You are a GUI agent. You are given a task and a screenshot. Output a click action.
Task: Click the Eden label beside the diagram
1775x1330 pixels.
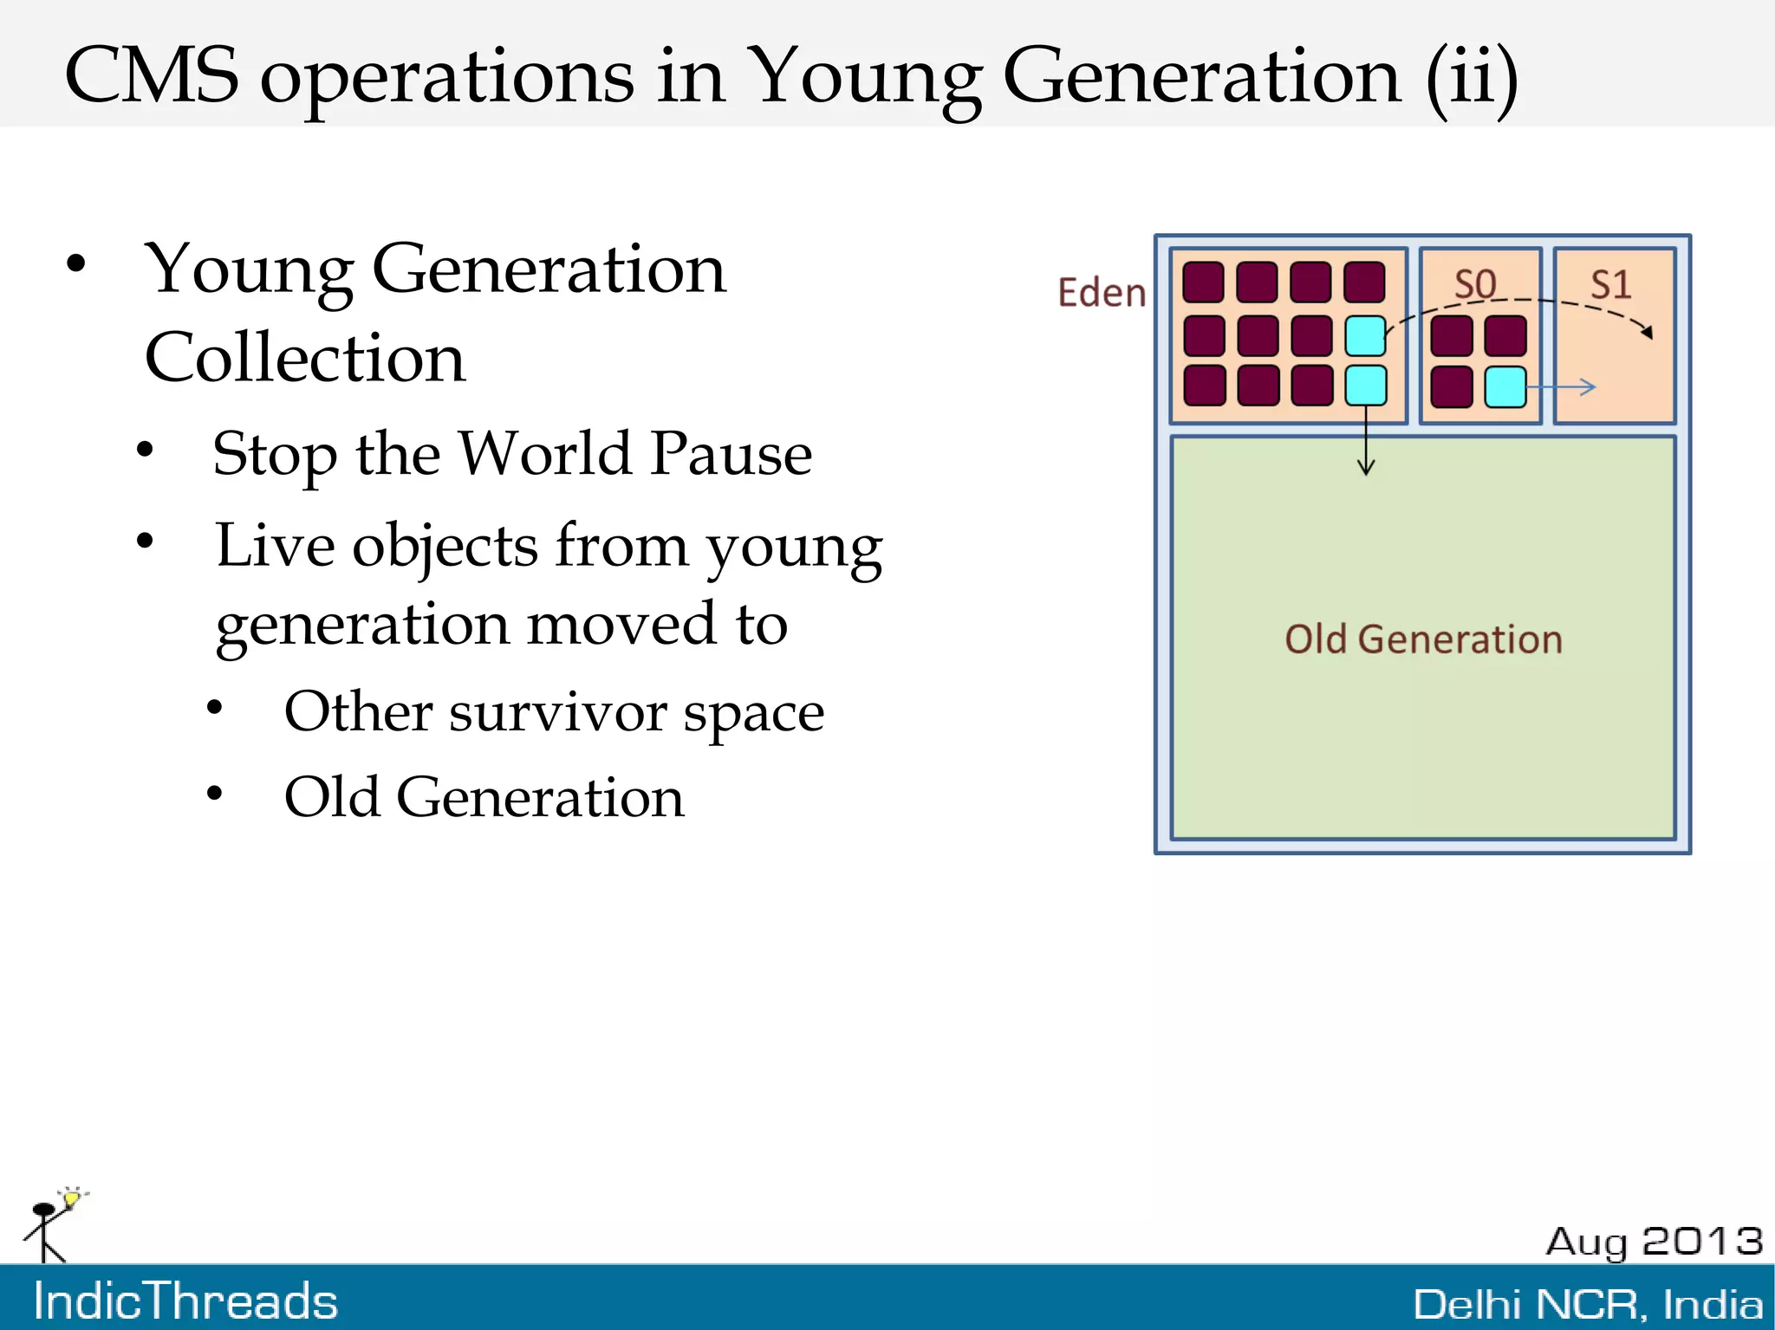(1101, 293)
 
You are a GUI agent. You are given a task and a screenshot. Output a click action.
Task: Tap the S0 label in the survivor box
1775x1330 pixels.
(1474, 284)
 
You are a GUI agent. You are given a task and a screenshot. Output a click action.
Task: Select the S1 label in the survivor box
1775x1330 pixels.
(1610, 284)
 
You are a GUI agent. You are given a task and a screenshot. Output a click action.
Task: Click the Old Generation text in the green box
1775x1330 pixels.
(1423, 639)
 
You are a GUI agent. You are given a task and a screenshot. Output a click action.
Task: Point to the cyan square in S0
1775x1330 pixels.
(1505, 386)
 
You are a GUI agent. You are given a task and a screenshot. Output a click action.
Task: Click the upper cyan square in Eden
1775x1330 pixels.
(1365, 335)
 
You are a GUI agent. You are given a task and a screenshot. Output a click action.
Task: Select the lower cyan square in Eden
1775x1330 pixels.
(1365, 386)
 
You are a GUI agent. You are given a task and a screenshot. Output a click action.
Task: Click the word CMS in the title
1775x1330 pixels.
(152, 76)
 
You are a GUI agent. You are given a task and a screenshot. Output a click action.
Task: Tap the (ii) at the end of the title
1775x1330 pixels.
(1471, 78)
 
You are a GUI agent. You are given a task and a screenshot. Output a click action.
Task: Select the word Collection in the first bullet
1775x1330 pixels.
(305, 357)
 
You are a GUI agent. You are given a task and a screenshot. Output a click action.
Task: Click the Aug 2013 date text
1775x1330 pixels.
(1654, 1241)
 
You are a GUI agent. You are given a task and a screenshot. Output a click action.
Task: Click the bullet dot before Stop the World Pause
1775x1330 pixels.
(145, 450)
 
